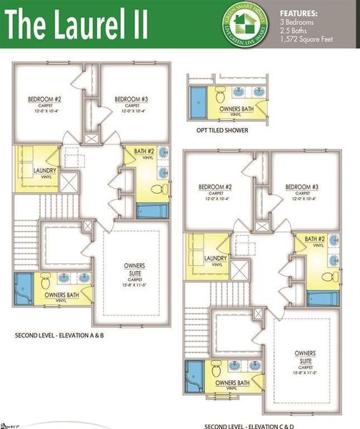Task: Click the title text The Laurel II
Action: (79, 26)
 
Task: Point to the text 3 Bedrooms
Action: (296, 23)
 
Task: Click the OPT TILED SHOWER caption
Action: (226, 131)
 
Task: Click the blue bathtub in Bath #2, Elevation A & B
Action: (151, 212)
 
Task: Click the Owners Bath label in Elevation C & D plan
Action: (231, 383)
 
